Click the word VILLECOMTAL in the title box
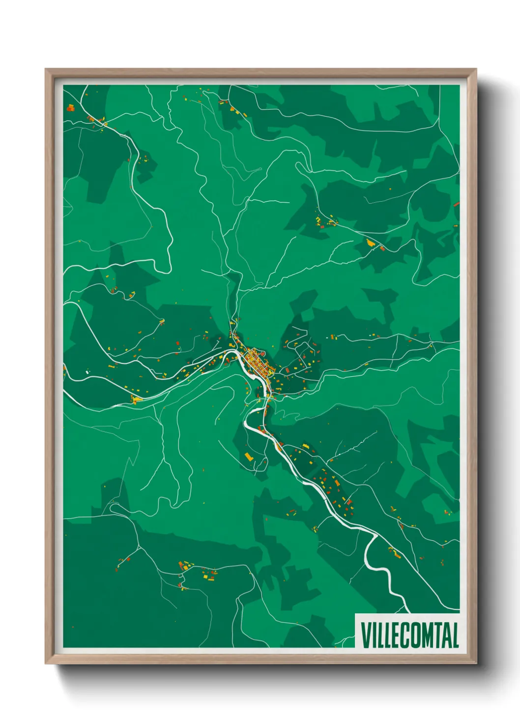(409, 635)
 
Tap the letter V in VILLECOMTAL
(366, 635)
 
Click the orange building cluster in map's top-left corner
(70, 107)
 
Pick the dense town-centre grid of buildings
(256, 362)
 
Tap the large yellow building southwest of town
(249, 457)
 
